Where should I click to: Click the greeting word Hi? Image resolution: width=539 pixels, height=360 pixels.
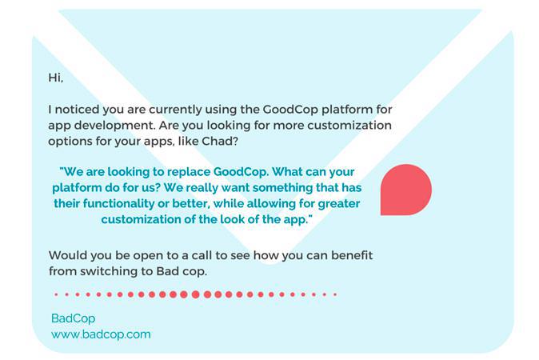pos(55,78)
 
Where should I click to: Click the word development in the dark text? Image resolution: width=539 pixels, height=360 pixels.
pos(114,126)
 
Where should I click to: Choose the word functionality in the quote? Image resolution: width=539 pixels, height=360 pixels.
pos(119,203)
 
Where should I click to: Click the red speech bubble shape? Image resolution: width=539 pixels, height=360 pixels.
pos(406,190)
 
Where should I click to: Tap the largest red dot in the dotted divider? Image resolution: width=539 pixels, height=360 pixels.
pos(195,294)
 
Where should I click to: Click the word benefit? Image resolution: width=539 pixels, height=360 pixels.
pos(352,255)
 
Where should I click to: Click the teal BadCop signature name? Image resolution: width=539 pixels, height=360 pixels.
pos(73,318)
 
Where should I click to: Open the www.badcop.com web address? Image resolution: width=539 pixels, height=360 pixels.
pos(101,334)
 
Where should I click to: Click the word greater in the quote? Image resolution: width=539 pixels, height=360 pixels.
pos(339,203)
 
